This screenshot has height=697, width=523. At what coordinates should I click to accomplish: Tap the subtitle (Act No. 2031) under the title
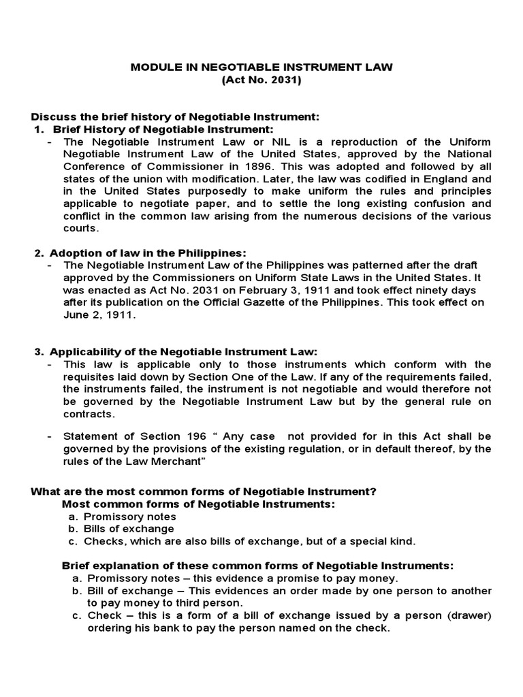261,80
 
